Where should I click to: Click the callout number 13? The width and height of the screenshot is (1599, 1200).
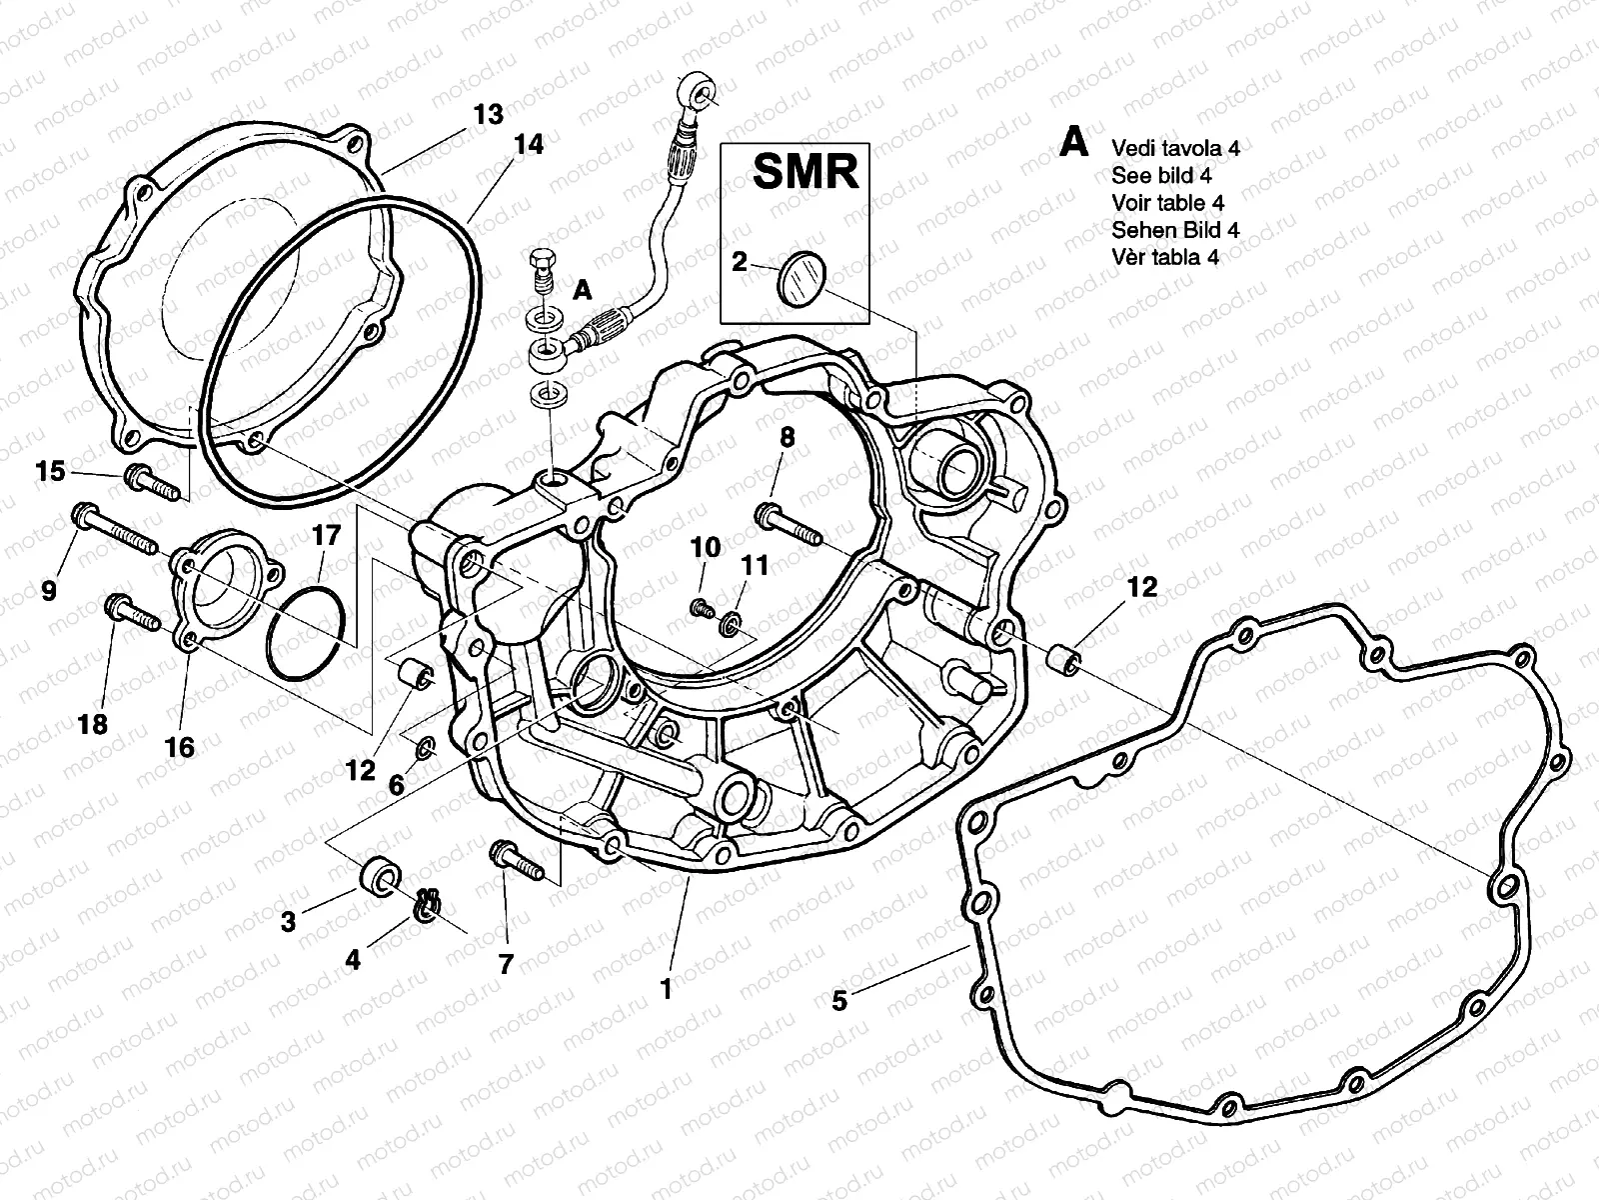pos(488,114)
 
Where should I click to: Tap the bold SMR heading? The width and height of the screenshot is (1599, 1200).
pos(804,172)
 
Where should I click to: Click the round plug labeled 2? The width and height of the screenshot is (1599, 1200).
pos(799,275)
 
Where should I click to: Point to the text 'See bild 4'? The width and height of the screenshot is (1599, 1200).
pos(1161,175)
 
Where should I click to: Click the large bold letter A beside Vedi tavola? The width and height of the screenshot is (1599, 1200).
pos(1073,142)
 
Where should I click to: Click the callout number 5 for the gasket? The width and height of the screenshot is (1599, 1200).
pos(839,999)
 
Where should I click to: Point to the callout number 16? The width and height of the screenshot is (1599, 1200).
pos(180,747)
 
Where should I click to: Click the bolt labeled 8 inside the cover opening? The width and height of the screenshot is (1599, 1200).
pos(790,526)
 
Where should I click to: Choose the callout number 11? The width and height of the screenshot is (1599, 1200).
pos(755,566)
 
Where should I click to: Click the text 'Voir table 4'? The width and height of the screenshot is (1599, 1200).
pos(1167,202)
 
